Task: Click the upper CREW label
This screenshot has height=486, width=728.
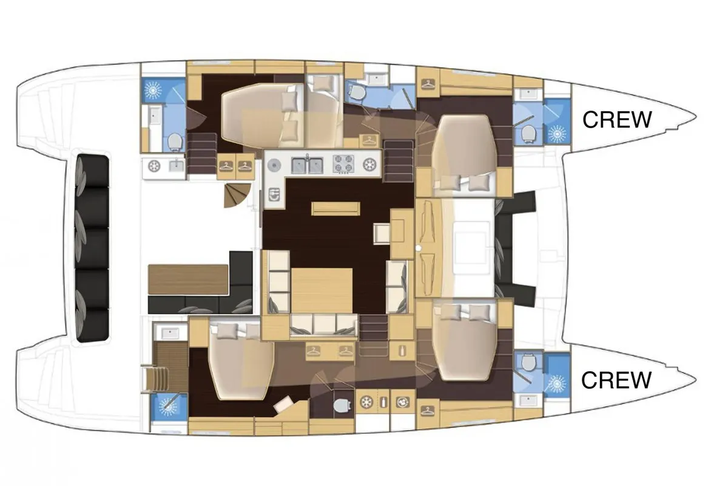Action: tap(616, 120)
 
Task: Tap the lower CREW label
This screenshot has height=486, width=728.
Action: tap(616, 380)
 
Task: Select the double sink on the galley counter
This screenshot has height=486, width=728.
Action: tap(307, 165)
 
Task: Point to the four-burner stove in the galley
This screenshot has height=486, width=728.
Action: tap(343, 164)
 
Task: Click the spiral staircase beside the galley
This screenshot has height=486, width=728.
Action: tap(237, 196)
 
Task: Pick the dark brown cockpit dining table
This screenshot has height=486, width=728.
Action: tap(188, 279)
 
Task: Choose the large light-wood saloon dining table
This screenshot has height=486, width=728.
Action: tap(322, 290)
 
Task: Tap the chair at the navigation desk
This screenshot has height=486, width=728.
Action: tap(382, 233)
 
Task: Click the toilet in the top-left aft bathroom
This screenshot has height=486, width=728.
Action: tap(175, 142)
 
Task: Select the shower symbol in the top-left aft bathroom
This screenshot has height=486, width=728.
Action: tap(153, 89)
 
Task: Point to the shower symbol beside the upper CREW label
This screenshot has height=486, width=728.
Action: tap(557, 134)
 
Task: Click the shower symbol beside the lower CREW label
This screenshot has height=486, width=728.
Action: tap(557, 383)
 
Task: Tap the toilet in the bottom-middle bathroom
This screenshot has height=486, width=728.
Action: tap(342, 406)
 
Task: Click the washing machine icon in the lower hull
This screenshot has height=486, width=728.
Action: tap(403, 402)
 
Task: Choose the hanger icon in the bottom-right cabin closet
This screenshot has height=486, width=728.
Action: tap(428, 411)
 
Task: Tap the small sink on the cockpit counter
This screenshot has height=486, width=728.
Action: tap(177, 166)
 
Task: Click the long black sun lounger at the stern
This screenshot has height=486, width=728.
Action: tap(92, 248)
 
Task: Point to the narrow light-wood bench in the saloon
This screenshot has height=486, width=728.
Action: tap(335, 208)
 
